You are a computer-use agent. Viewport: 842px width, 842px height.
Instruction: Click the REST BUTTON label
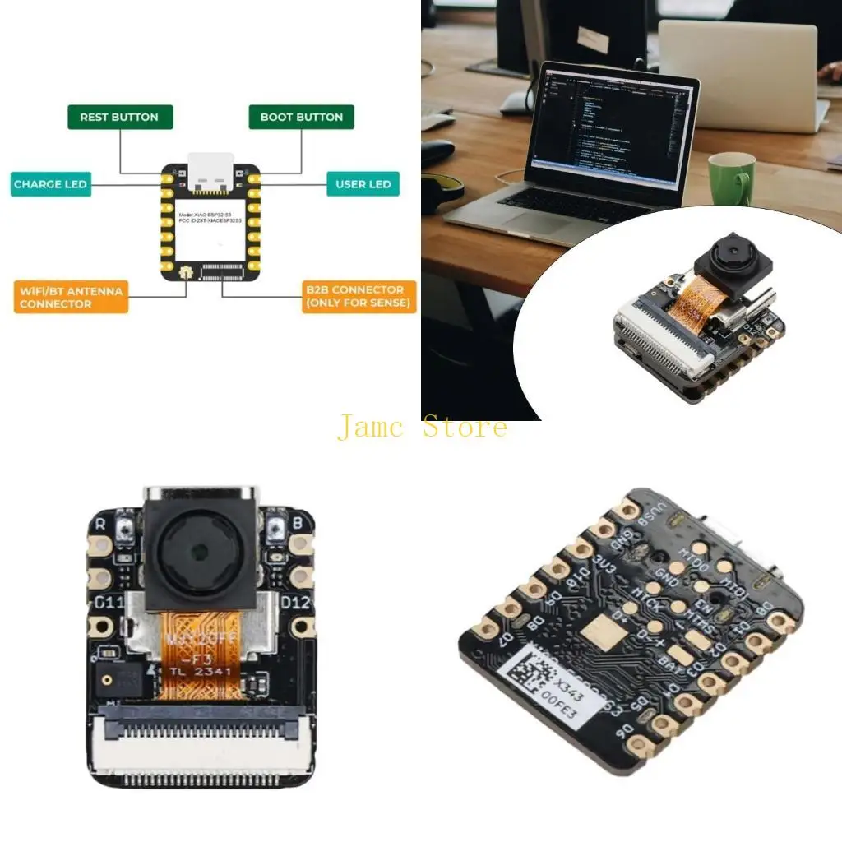tap(119, 117)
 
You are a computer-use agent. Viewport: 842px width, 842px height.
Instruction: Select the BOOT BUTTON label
tap(301, 117)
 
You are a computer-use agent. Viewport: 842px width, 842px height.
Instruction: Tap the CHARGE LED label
tap(51, 184)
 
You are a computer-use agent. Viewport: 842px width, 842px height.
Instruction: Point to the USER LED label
tap(363, 184)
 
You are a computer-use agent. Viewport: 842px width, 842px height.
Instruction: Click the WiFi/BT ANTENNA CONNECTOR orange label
tap(72, 297)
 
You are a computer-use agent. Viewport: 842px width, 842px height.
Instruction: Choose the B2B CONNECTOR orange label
tap(359, 297)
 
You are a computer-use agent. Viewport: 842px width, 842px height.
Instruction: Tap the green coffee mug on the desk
tap(731, 178)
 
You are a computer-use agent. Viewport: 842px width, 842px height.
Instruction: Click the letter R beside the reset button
tap(99, 523)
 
